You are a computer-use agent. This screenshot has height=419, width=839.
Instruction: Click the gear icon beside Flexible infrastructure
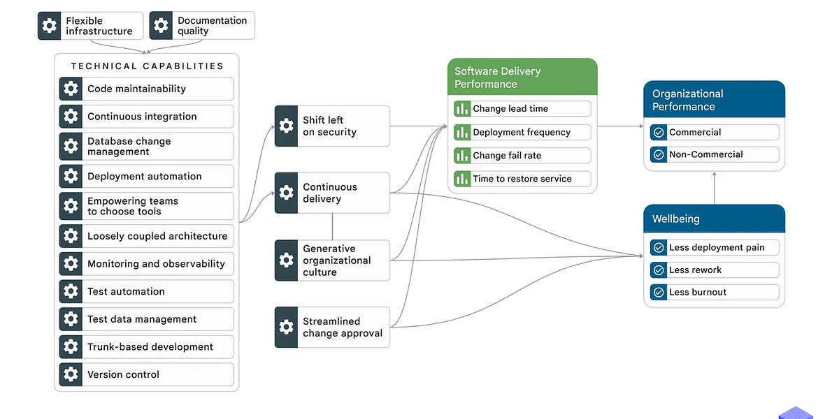tap(49, 26)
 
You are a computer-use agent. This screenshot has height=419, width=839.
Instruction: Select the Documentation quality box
tap(202, 26)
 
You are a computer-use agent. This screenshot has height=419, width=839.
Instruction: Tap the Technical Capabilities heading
tap(147, 66)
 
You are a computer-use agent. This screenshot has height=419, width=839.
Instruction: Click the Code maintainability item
tap(146, 89)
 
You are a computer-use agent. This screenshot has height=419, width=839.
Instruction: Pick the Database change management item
tap(146, 146)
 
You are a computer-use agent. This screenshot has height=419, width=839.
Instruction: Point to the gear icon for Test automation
tap(71, 291)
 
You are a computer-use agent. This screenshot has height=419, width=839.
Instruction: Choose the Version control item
tap(146, 374)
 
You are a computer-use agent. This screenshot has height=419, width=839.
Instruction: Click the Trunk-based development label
tap(150, 347)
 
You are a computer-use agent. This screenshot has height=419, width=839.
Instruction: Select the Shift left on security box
tap(332, 126)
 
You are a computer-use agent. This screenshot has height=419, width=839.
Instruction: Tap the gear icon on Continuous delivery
tap(286, 193)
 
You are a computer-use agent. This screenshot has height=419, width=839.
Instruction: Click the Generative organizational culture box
tap(332, 260)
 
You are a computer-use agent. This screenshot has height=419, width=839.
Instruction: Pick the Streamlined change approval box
tap(332, 327)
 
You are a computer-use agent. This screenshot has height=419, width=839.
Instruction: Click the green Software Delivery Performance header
tap(522, 77)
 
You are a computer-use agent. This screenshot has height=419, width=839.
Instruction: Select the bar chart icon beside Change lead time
tap(462, 109)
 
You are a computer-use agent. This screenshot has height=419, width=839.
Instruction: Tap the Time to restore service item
tap(522, 179)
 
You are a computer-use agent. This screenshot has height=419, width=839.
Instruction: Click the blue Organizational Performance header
tap(714, 99)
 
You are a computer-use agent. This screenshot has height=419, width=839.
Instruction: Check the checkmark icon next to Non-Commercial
tap(658, 154)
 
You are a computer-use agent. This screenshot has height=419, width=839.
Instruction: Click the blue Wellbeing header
tap(714, 219)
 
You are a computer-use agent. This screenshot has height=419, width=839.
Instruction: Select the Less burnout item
tap(714, 292)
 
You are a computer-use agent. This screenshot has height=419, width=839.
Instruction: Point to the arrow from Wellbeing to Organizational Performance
tap(714, 187)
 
